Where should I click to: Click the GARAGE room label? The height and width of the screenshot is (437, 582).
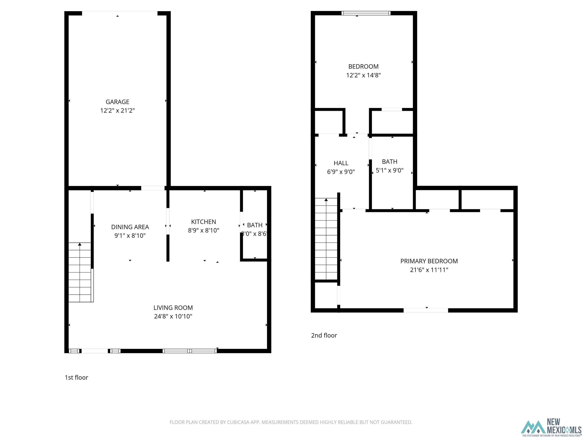coord(117,102)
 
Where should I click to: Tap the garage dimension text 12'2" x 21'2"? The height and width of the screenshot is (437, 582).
coord(117,111)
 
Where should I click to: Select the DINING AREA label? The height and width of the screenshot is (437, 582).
coord(130,227)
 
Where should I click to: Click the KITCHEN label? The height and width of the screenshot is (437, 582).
coord(203,222)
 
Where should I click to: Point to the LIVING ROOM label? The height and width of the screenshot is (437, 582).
coord(173,308)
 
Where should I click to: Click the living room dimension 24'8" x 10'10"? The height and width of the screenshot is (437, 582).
coord(173,316)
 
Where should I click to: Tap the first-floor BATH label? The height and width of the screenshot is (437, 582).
coord(255,225)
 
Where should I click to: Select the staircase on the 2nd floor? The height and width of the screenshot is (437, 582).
coord(326,239)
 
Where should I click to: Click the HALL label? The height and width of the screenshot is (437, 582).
coord(341,163)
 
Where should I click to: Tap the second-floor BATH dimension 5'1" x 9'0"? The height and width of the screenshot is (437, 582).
coord(390,171)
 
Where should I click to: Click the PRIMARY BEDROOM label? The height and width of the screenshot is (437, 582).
coord(429,261)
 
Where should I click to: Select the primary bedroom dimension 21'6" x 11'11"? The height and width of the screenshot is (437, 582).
coord(429,270)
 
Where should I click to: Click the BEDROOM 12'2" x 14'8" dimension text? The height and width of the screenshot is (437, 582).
coord(363,75)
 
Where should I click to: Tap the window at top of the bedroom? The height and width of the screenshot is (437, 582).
coord(366,13)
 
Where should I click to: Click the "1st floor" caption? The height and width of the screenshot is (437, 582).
coord(76,377)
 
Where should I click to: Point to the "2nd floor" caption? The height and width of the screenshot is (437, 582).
coord(324,335)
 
